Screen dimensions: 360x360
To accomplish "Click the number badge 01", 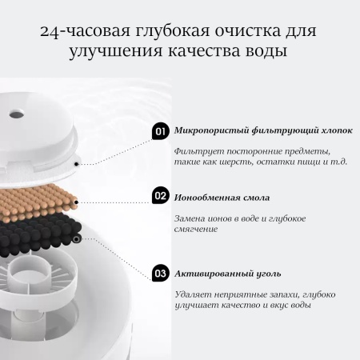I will pos(160,131).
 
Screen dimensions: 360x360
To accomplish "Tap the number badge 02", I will pos(160,196).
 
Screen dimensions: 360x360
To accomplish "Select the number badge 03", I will pos(160,273).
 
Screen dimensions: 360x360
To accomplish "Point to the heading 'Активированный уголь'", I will pos(218,273).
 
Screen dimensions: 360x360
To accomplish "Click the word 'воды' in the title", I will pos(261,54).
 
